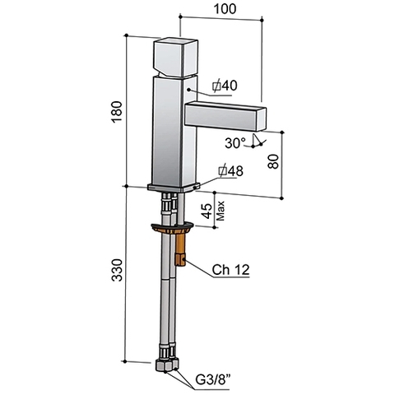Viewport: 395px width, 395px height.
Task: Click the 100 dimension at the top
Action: (x=225, y=9)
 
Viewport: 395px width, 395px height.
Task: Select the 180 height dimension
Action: (x=117, y=112)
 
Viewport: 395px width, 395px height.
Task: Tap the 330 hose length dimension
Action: (x=117, y=270)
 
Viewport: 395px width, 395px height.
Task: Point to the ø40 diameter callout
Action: (x=225, y=86)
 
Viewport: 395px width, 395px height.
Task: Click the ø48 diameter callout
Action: (x=230, y=171)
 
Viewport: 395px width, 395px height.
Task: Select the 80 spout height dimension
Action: (x=273, y=161)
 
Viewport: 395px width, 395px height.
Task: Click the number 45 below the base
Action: (x=207, y=211)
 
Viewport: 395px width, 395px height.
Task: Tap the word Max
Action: (x=221, y=211)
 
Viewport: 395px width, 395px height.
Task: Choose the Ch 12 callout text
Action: (x=230, y=270)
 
